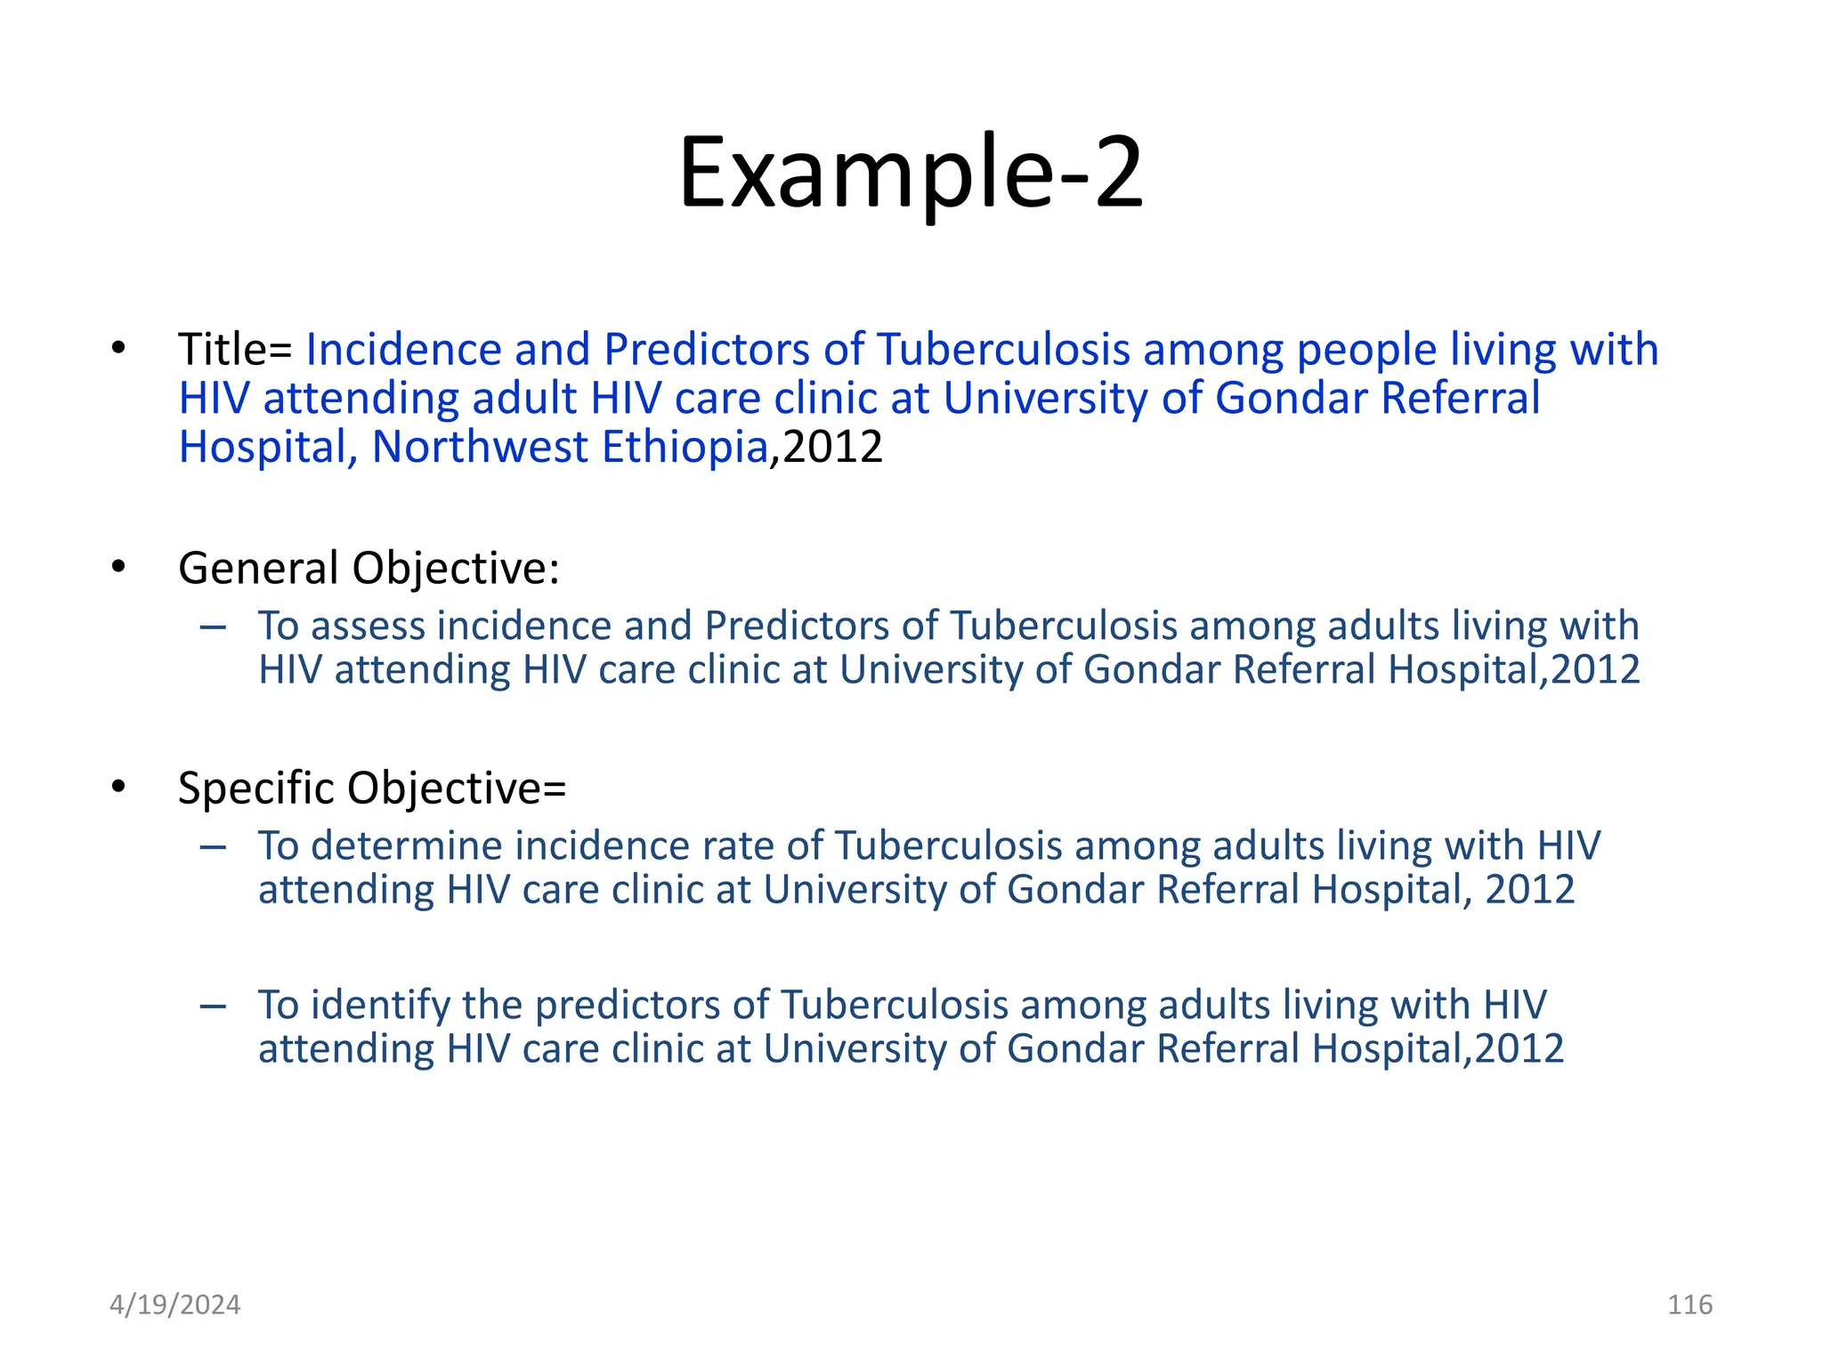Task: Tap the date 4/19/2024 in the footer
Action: [x=174, y=1305]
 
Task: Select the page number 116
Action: [x=1689, y=1305]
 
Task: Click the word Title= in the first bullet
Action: [x=235, y=349]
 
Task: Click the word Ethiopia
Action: [x=685, y=447]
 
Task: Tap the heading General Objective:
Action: [x=369, y=568]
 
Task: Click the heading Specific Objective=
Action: [x=372, y=788]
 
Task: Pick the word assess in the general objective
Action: [x=368, y=626]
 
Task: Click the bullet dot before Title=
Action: [x=118, y=348]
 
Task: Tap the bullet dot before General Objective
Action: [x=118, y=567]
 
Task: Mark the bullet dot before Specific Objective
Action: [x=118, y=787]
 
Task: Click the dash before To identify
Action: [x=214, y=1006]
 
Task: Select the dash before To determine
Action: [x=214, y=846]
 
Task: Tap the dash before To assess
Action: [x=214, y=627]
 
